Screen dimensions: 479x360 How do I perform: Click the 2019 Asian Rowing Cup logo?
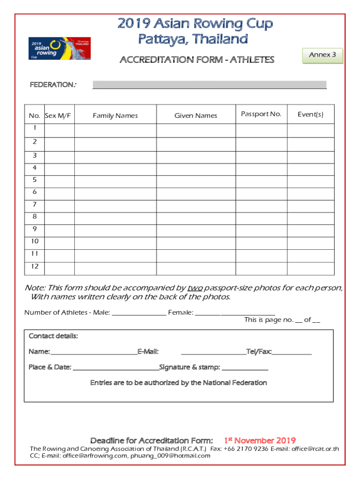coord(59,48)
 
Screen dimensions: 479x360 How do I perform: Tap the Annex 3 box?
coord(323,55)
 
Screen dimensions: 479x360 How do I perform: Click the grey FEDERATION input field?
coord(209,85)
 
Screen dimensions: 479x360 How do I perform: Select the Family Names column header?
coord(115,116)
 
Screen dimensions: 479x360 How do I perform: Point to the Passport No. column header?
coord(261,114)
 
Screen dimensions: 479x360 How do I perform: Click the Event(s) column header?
coord(310,114)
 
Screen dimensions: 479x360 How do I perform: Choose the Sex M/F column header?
coord(58,116)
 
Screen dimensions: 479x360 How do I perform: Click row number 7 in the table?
coord(35,204)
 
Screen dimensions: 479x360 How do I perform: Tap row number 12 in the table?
coord(35,266)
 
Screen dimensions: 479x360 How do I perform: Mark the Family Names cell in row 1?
coord(115,130)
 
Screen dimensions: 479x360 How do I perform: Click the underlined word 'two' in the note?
coord(195,288)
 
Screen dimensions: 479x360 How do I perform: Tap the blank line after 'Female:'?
coord(235,313)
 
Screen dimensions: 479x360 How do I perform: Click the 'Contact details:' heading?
coord(53,336)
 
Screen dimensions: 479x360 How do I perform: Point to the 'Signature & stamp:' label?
coord(189,367)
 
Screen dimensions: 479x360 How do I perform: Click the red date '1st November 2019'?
coord(259,441)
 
